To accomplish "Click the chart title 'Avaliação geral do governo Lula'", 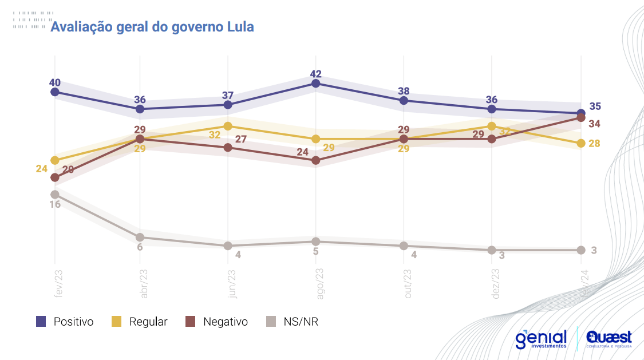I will click(152, 27).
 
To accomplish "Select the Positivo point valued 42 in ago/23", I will click(316, 84).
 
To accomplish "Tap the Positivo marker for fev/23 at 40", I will click(55, 92).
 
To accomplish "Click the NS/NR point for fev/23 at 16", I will click(55, 195).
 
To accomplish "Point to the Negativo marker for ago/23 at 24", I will click(316, 161).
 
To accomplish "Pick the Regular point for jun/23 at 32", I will click(228, 126).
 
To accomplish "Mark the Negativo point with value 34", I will click(581, 117).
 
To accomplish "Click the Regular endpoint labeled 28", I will click(581, 143).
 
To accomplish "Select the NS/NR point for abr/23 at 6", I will click(140, 237).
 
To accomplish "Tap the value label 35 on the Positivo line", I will click(595, 106).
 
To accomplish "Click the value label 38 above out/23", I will click(404, 90).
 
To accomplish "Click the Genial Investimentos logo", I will click(541, 339).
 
